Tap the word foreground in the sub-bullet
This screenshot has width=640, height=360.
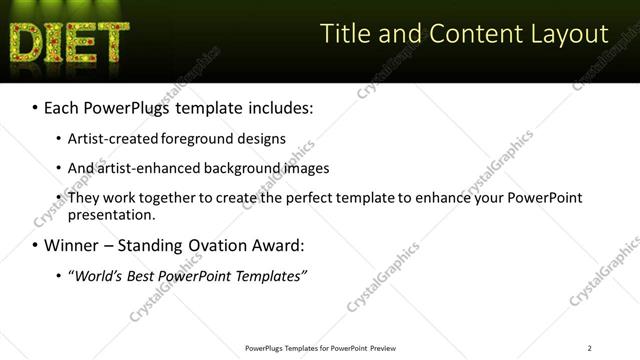click(216, 138)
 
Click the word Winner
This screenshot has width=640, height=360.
click(71, 245)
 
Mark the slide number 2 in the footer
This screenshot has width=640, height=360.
click(589, 348)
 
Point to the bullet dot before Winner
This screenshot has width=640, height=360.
click(35, 246)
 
